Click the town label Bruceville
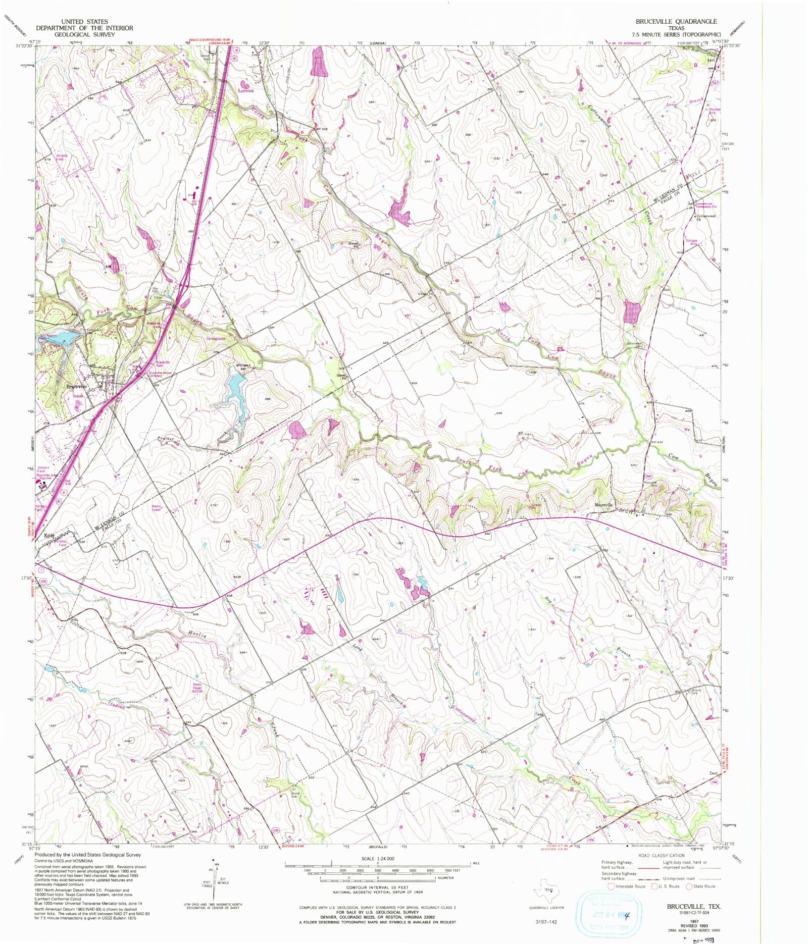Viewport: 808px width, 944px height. [77, 386]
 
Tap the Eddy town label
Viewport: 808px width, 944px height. [49, 535]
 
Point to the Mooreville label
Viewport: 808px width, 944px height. [603, 505]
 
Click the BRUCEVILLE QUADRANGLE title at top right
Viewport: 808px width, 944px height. [676, 22]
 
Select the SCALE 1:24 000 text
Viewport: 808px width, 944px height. [377, 859]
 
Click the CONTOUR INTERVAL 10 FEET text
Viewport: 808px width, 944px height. [377, 887]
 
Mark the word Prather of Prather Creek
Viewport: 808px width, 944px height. [166, 439]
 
